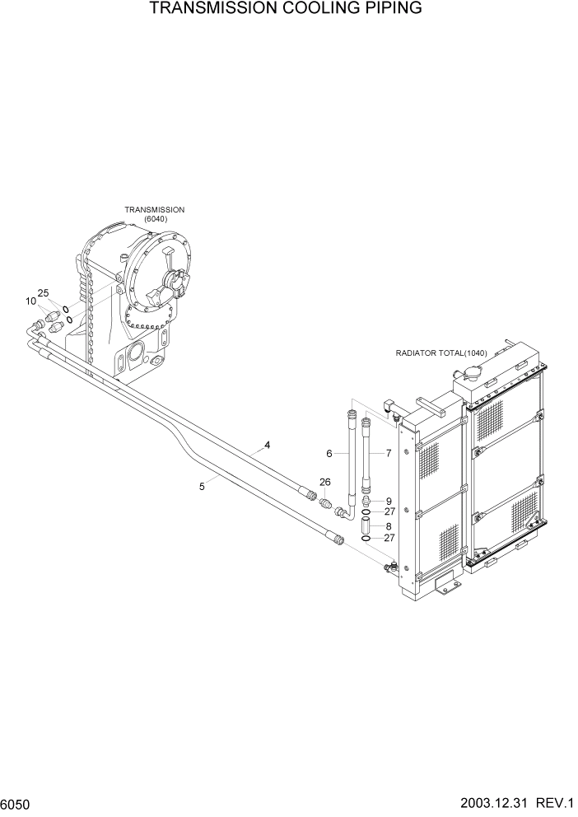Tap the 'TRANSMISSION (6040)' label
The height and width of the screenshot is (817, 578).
tap(154, 214)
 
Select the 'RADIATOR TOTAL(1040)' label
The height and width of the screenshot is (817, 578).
tap(441, 353)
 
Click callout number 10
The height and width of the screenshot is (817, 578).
tap(30, 301)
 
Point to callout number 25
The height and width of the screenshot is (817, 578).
tap(44, 293)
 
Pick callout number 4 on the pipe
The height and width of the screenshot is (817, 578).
tap(267, 446)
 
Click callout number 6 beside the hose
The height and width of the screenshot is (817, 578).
tap(329, 454)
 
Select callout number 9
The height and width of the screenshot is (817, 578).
tap(389, 501)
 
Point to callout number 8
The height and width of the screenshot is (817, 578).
tap(389, 525)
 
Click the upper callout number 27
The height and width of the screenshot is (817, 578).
tap(390, 511)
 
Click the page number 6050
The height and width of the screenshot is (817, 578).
tap(18, 803)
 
